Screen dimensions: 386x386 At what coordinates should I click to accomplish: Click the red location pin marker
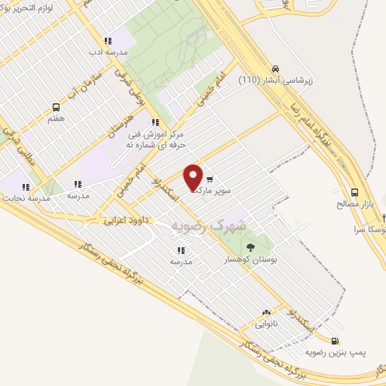(x=193, y=176)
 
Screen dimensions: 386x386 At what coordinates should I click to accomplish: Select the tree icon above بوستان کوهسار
(x=251, y=246)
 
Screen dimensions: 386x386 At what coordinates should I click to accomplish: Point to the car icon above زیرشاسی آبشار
(x=277, y=66)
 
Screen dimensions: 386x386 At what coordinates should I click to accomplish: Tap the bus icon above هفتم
(x=56, y=107)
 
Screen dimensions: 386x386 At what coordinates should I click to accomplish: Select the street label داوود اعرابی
(x=125, y=221)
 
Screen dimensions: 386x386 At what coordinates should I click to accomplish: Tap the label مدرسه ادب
(x=107, y=53)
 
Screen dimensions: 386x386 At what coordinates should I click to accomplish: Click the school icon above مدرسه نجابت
(x=25, y=186)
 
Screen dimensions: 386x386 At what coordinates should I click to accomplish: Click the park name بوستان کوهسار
(x=253, y=258)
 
